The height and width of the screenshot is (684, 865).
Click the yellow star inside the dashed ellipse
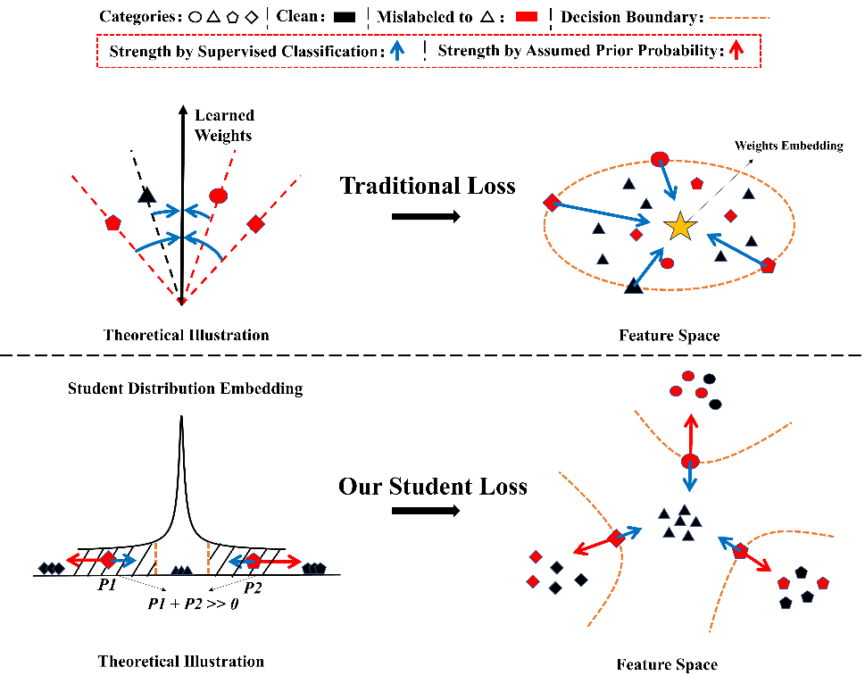point(680,226)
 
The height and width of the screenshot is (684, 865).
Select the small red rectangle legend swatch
point(526,16)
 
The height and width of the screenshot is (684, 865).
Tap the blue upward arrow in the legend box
point(397,50)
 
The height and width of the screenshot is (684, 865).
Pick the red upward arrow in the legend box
point(736,50)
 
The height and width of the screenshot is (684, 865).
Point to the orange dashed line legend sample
point(738,17)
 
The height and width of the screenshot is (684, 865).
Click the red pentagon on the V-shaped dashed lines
point(112,223)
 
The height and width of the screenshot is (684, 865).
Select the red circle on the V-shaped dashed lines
point(218,196)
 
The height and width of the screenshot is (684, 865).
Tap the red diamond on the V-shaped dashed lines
point(255,224)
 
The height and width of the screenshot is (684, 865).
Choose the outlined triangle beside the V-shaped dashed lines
point(147,195)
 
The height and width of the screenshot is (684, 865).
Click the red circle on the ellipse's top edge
point(660,159)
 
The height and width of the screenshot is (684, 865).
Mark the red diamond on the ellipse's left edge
point(552,203)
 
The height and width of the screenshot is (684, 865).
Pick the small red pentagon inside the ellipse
point(696,184)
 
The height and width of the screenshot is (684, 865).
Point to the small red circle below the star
point(667,263)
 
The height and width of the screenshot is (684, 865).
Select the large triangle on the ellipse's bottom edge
point(634,286)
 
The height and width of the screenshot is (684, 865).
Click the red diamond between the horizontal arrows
point(108,560)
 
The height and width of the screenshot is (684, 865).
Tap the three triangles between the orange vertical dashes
point(182,570)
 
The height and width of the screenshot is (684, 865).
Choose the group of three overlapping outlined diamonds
point(52,568)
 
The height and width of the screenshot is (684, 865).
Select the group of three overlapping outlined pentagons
point(314,568)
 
